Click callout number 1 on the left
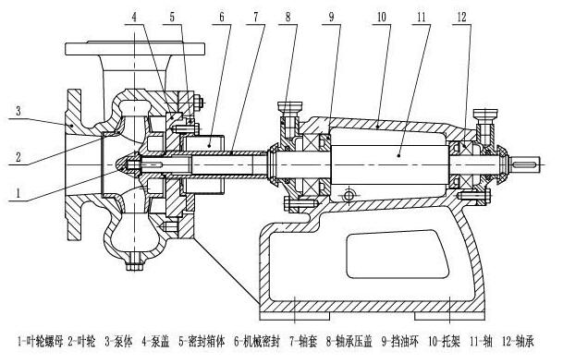(x=18, y=193)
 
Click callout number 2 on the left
(x=18, y=157)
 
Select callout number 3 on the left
(x=18, y=111)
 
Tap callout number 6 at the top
(x=221, y=17)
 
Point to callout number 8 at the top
(x=288, y=17)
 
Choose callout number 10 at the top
(x=381, y=17)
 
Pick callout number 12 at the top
(x=461, y=17)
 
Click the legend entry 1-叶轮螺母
(x=41, y=341)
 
